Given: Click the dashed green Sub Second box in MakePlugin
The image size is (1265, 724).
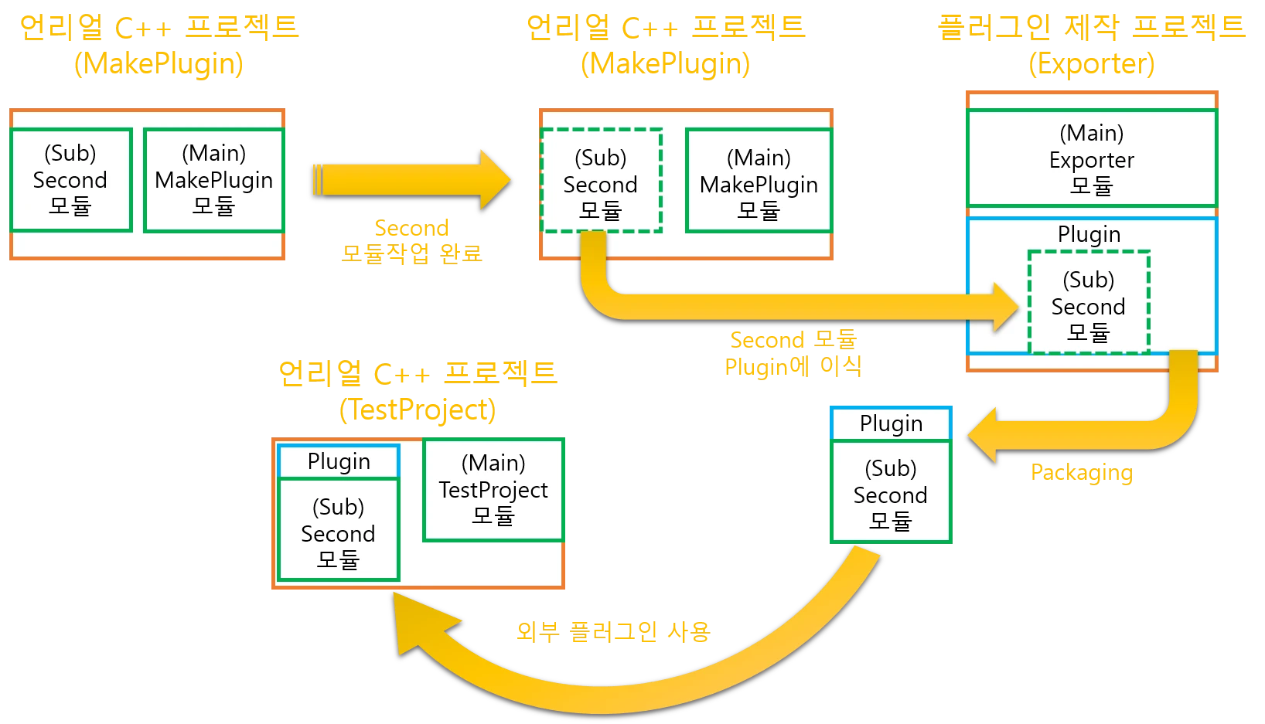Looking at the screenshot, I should click(601, 181).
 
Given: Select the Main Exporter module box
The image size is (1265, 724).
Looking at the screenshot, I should click(1091, 158).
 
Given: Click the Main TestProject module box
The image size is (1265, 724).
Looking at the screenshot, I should click(493, 490).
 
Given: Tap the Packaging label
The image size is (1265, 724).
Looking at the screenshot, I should click(1079, 473).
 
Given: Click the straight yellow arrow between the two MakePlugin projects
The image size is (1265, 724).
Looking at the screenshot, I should click(410, 180).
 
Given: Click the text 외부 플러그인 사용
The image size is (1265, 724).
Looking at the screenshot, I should click(612, 631).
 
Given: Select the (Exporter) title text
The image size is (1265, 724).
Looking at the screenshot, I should click(1091, 64).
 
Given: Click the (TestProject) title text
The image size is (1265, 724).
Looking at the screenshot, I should click(417, 410).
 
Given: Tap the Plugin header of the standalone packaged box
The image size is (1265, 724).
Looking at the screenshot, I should click(890, 423).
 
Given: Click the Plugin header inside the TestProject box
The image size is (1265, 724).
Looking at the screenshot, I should click(338, 461).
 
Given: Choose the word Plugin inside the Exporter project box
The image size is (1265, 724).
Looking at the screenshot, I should click(1088, 234).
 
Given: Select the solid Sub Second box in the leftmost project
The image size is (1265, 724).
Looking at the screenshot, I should click(70, 180).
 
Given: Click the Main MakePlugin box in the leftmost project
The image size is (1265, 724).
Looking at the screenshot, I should click(213, 180).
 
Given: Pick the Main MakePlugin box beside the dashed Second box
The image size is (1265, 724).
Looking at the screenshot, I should click(758, 181).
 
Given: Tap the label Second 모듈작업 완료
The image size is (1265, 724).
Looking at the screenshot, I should click(411, 241).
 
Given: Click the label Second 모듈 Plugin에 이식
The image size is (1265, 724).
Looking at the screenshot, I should click(793, 353).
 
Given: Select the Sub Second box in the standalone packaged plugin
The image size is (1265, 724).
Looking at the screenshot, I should click(890, 492).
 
